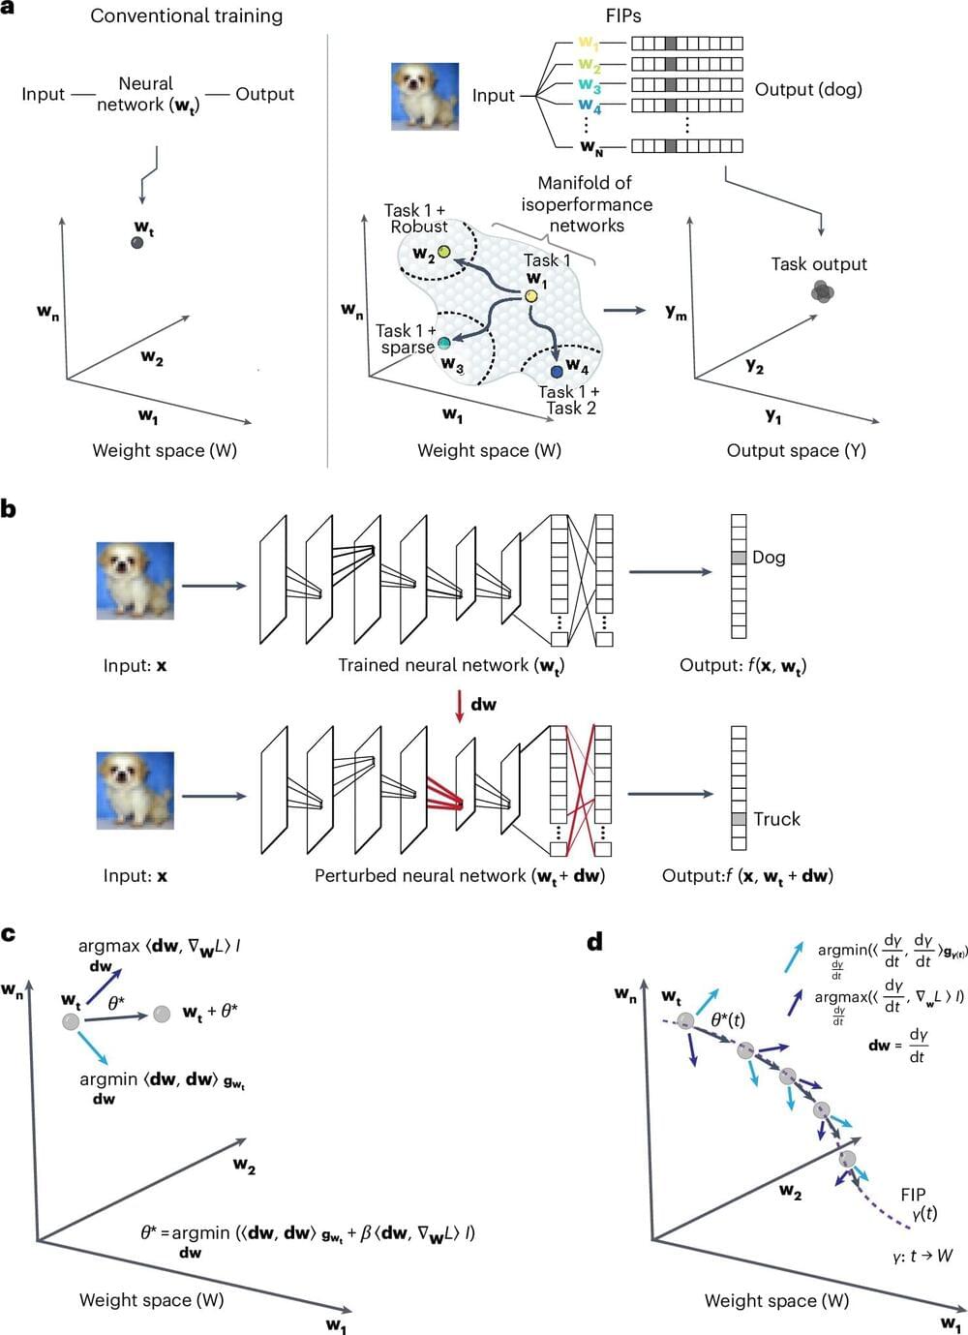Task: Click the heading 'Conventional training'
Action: point(186,15)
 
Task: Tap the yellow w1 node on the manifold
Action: point(531,295)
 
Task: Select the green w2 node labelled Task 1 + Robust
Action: point(443,252)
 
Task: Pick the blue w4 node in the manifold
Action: point(557,371)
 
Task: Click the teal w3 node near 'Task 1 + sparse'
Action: point(444,343)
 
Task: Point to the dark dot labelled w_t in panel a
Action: point(137,242)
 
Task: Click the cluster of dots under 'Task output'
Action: point(822,291)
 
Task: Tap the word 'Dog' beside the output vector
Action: point(769,558)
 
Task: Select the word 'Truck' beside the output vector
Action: point(776,819)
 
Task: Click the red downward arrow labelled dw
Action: point(460,706)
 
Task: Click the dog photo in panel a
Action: point(424,97)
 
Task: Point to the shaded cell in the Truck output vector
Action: point(739,819)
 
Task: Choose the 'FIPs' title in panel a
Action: point(623,15)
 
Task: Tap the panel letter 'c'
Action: point(9,934)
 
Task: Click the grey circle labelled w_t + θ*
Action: point(162,1014)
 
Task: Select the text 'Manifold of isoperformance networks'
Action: point(587,204)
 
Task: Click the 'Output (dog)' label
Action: point(808,89)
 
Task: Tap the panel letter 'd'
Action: point(595,941)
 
